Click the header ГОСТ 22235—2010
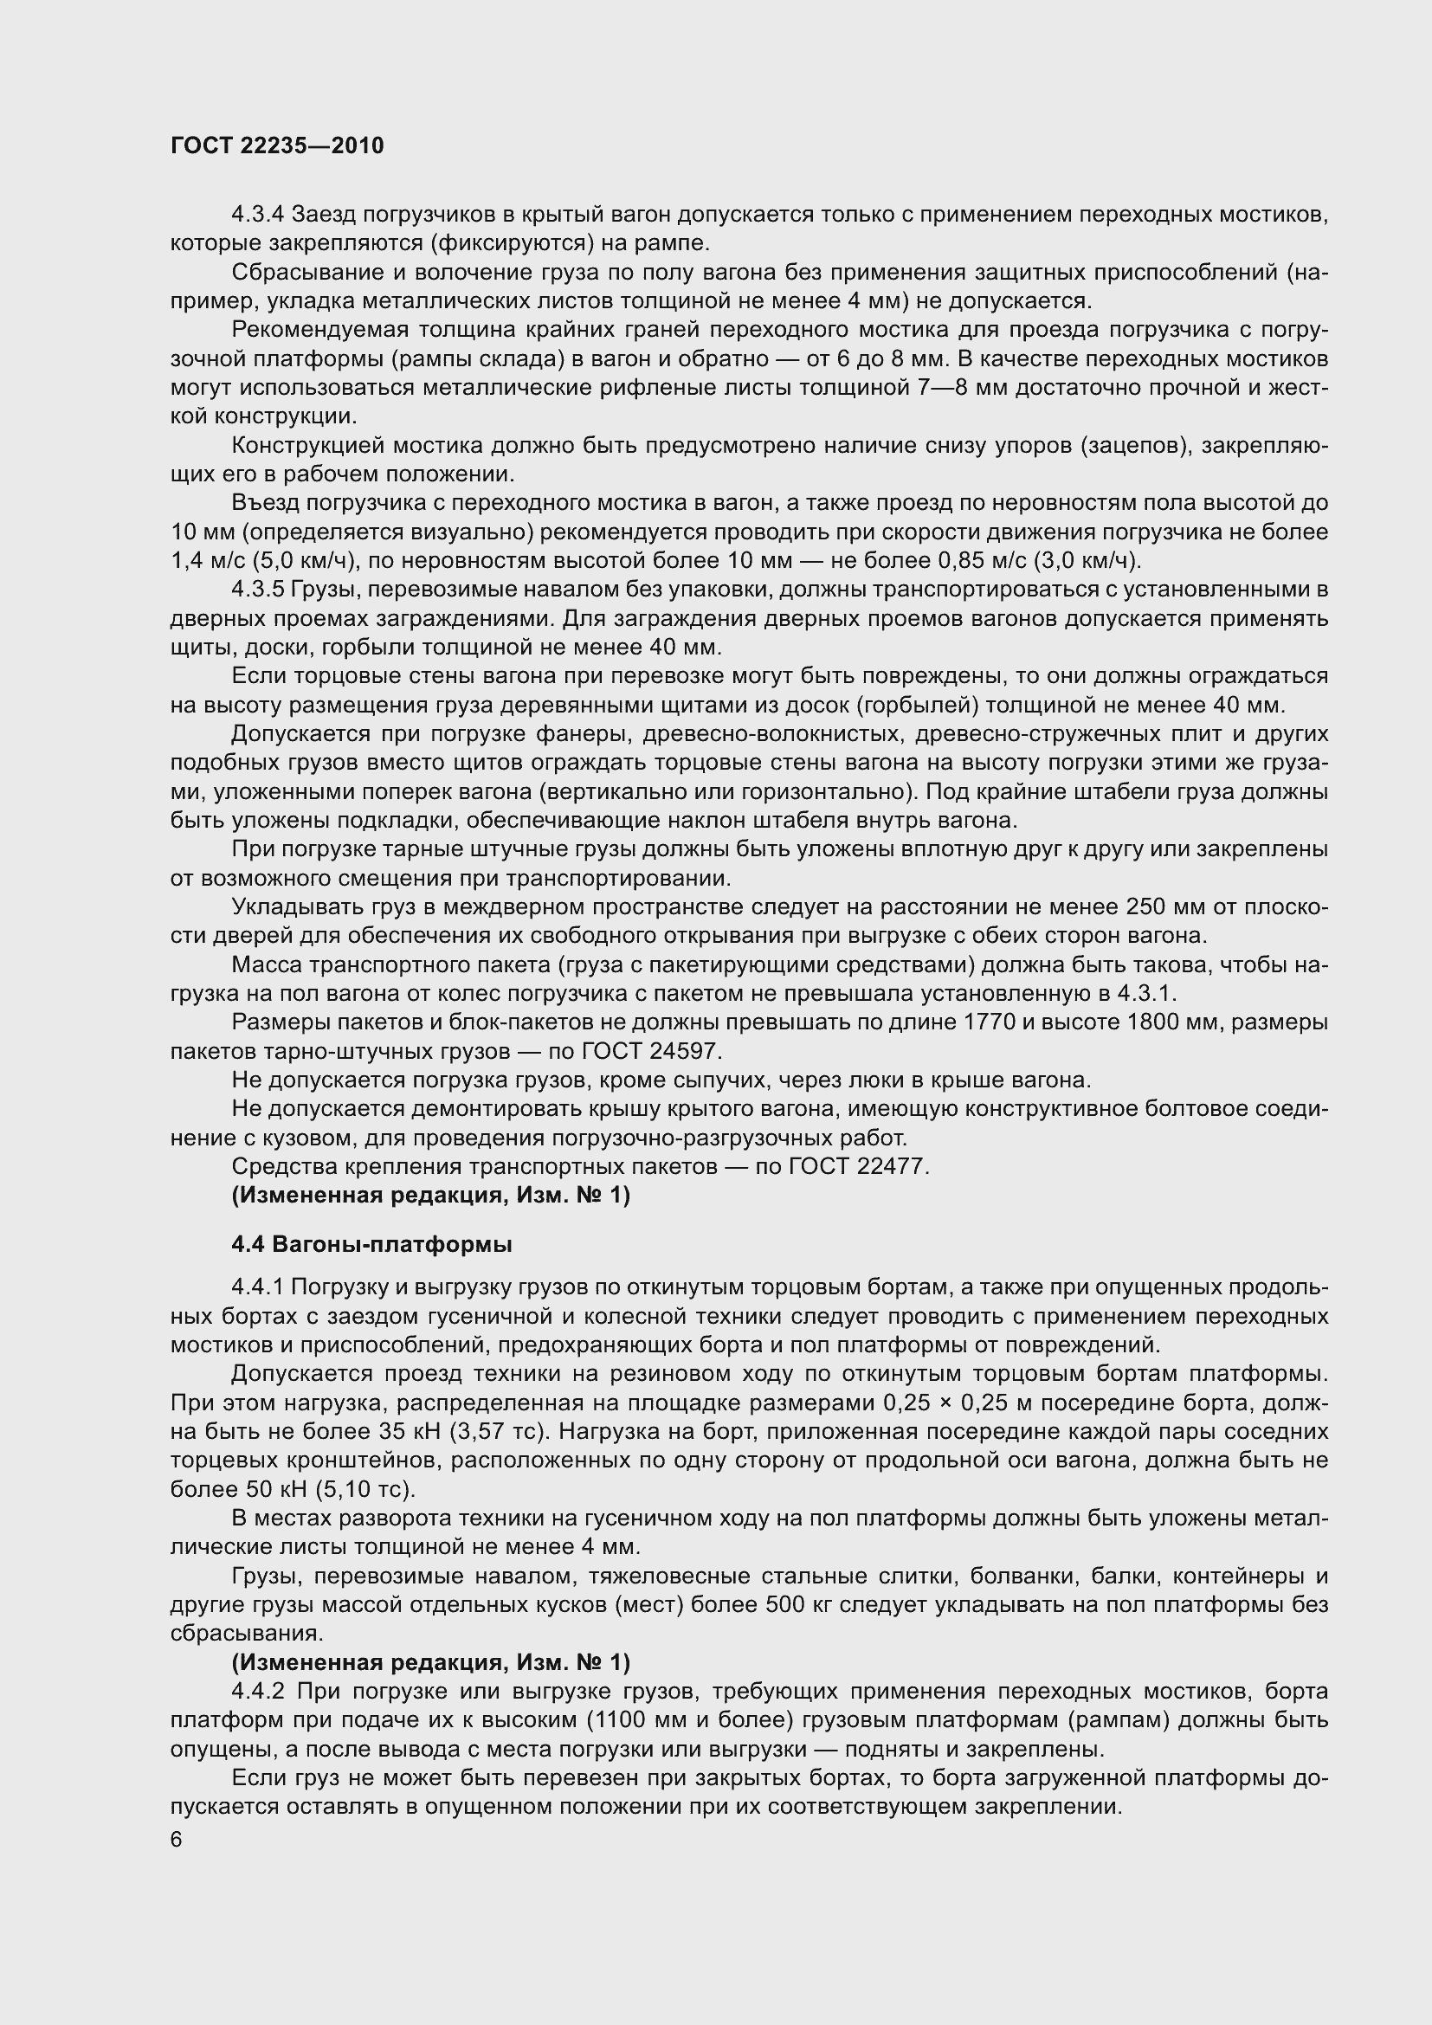pyautogui.click(x=277, y=145)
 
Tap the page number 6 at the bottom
pyautogui.click(x=177, y=1841)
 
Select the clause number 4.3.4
pyautogui.click(x=257, y=215)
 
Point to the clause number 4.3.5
pyautogui.click(x=257, y=590)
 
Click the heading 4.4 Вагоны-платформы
pyautogui.click(x=371, y=1244)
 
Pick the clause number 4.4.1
pyautogui.click(x=257, y=1287)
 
